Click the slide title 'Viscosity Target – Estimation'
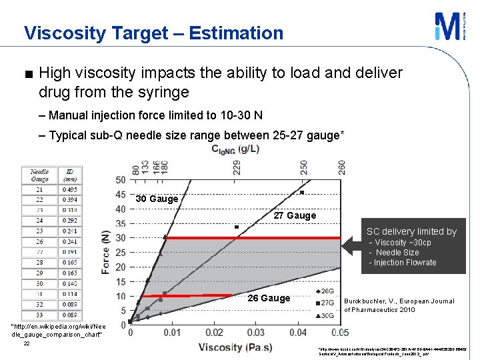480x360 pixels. point(153,33)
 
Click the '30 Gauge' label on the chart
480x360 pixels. point(157,199)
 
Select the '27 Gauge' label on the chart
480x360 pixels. point(295,215)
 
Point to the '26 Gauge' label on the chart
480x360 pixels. point(269,298)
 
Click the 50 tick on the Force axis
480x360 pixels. point(120,180)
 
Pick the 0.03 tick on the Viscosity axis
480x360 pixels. point(255,333)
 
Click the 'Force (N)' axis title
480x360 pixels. point(105,253)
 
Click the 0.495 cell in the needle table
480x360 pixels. point(70,189)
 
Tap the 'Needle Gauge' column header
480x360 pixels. point(39,175)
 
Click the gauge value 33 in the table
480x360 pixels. point(39,314)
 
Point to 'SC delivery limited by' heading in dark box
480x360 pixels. point(411,231)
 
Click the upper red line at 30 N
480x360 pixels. point(253,238)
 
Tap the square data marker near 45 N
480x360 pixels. point(302,193)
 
